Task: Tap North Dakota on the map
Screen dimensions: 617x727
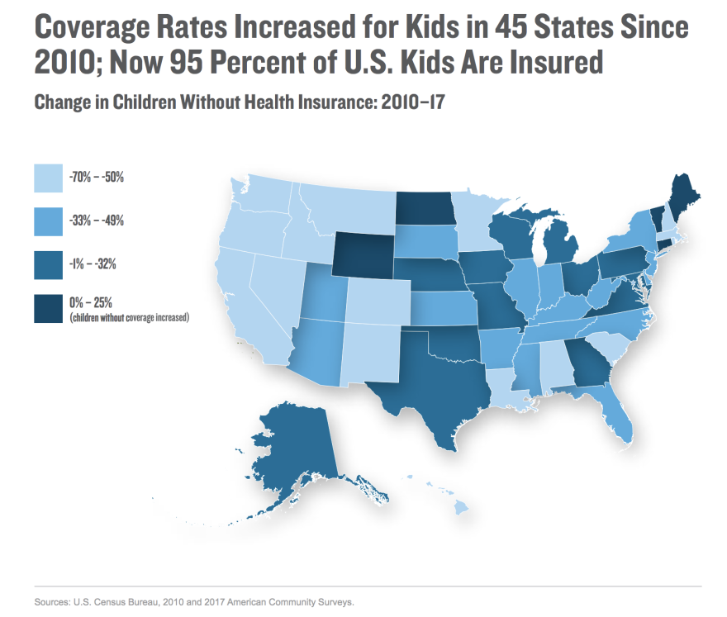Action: (x=425, y=208)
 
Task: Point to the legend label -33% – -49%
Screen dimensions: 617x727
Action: (x=102, y=221)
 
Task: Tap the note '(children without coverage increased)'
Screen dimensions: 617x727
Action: (x=131, y=317)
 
